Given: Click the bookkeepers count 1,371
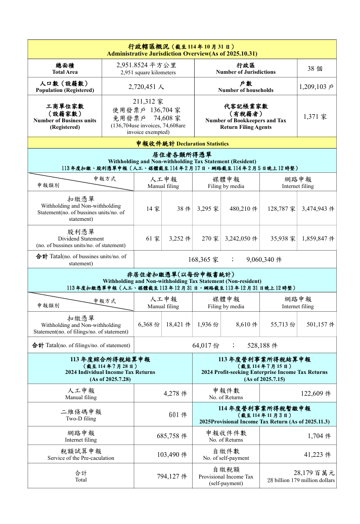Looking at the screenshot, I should (x=315, y=116).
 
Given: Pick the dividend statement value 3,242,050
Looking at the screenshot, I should (x=240, y=239).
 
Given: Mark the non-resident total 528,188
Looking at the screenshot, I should (x=262, y=346).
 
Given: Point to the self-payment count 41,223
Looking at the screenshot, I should (x=318, y=454).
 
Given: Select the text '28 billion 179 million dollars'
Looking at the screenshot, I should (x=301, y=480).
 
